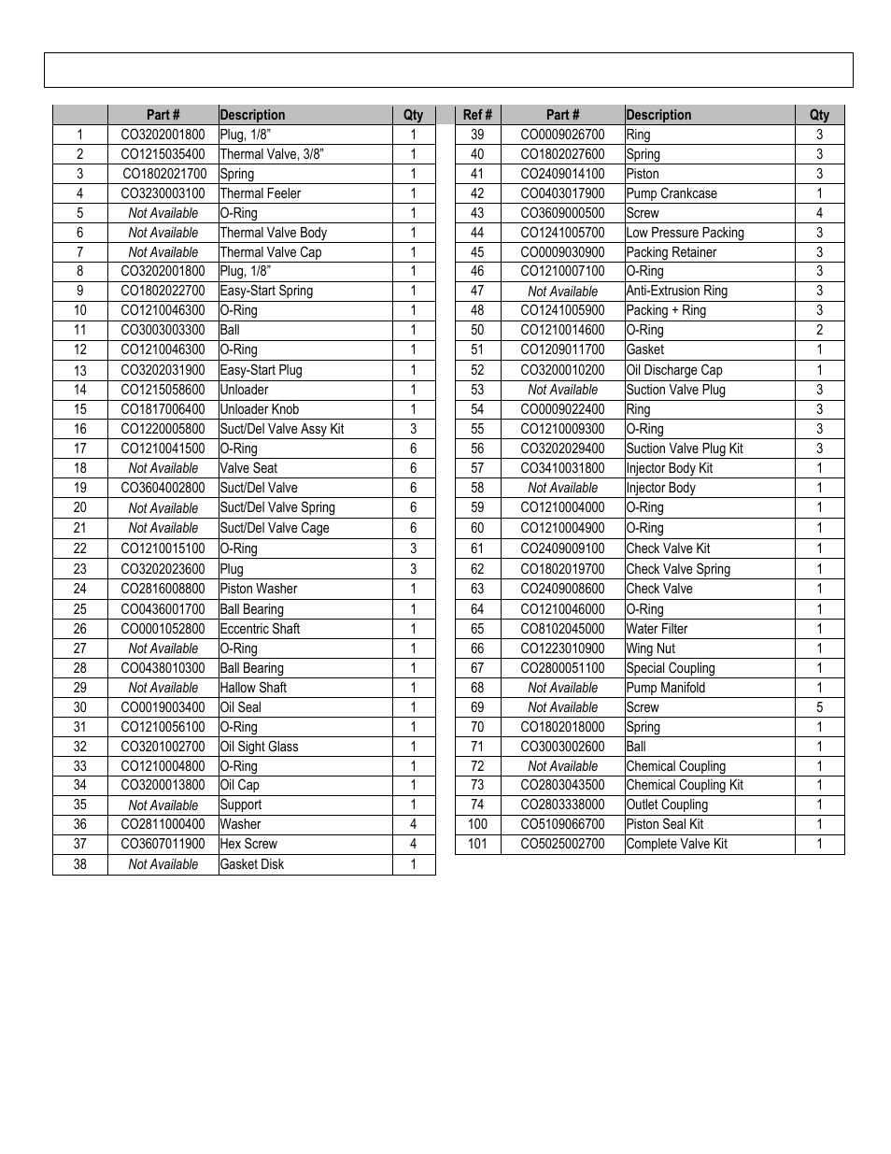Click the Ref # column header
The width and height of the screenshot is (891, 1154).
tap(477, 115)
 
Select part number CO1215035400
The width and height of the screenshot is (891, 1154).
tap(163, 154)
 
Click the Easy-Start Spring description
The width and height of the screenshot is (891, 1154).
tap(266, 291)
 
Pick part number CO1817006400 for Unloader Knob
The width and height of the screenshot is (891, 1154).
tap(163, 409)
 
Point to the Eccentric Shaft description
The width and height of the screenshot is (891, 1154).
tap(260, 629)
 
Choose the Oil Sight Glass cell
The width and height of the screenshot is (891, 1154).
tap(259, 747)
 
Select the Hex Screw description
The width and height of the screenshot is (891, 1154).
tap(248, 844)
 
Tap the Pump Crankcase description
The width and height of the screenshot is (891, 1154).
tap(672, 193)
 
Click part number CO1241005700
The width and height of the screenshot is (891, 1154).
tap(562, 233)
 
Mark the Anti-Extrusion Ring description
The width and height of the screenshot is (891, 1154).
tap(676, 291)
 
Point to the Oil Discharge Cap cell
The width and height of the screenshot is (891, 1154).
tap(673, 370)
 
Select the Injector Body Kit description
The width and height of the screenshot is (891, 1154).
tap(669, 468)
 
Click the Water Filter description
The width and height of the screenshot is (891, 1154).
tap(657, 629)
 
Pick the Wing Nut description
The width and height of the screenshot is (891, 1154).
tap(650, 648)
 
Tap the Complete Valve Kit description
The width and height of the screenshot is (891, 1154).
tap(676, 844)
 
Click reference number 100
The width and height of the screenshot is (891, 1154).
tap(477, 824)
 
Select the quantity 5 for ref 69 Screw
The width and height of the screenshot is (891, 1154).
tap(819, 707)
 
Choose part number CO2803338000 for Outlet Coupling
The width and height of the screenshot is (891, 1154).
tap(562, 805)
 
